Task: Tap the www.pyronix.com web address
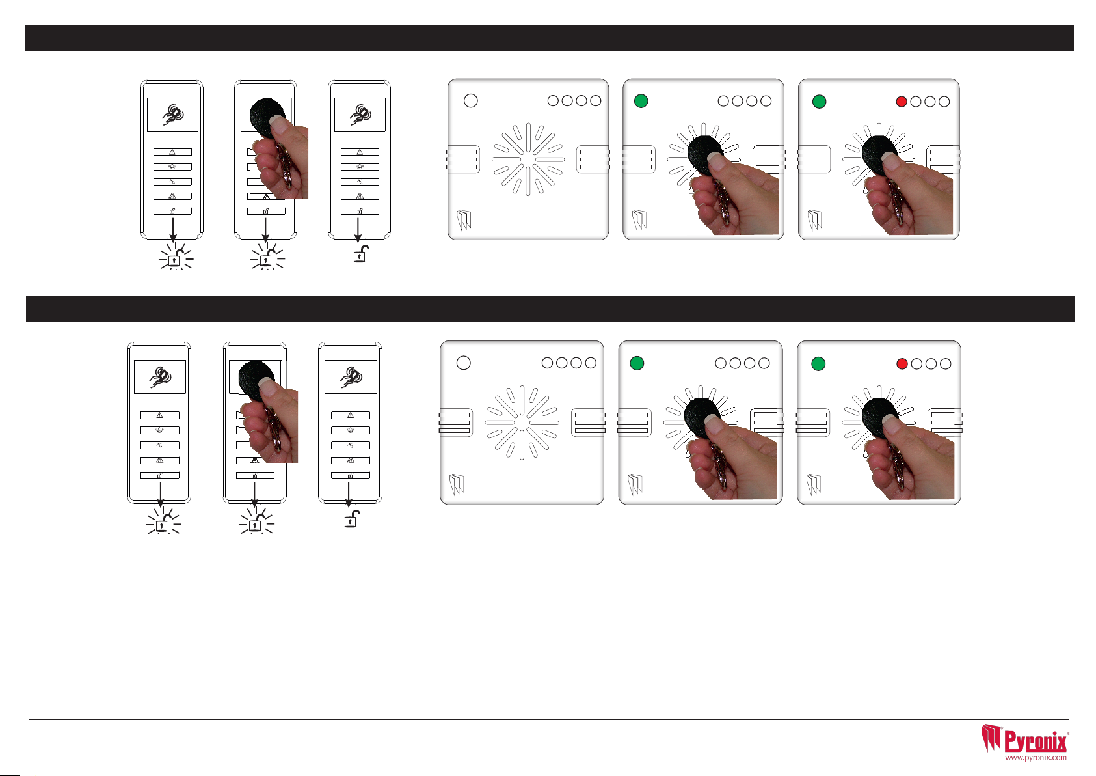[x=1036, y=757]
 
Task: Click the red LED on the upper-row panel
[x=902, y=102]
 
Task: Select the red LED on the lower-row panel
[x=902, y=364]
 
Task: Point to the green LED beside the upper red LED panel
[x=819, y=102]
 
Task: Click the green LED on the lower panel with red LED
[x=818, y=364]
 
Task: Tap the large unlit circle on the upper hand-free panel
[x=471, y=100]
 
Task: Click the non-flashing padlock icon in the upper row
[x=361, y=254]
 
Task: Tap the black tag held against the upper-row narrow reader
[x=267, y=117]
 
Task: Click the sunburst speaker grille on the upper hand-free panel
[x=528, y=159]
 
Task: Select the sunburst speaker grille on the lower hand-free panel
[x=522, y=423]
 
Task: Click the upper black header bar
[x=550, y=38]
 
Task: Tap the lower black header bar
[x=550, y=309]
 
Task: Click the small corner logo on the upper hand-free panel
[x=464, y=220]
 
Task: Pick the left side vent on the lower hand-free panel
[x=455, y=423]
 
